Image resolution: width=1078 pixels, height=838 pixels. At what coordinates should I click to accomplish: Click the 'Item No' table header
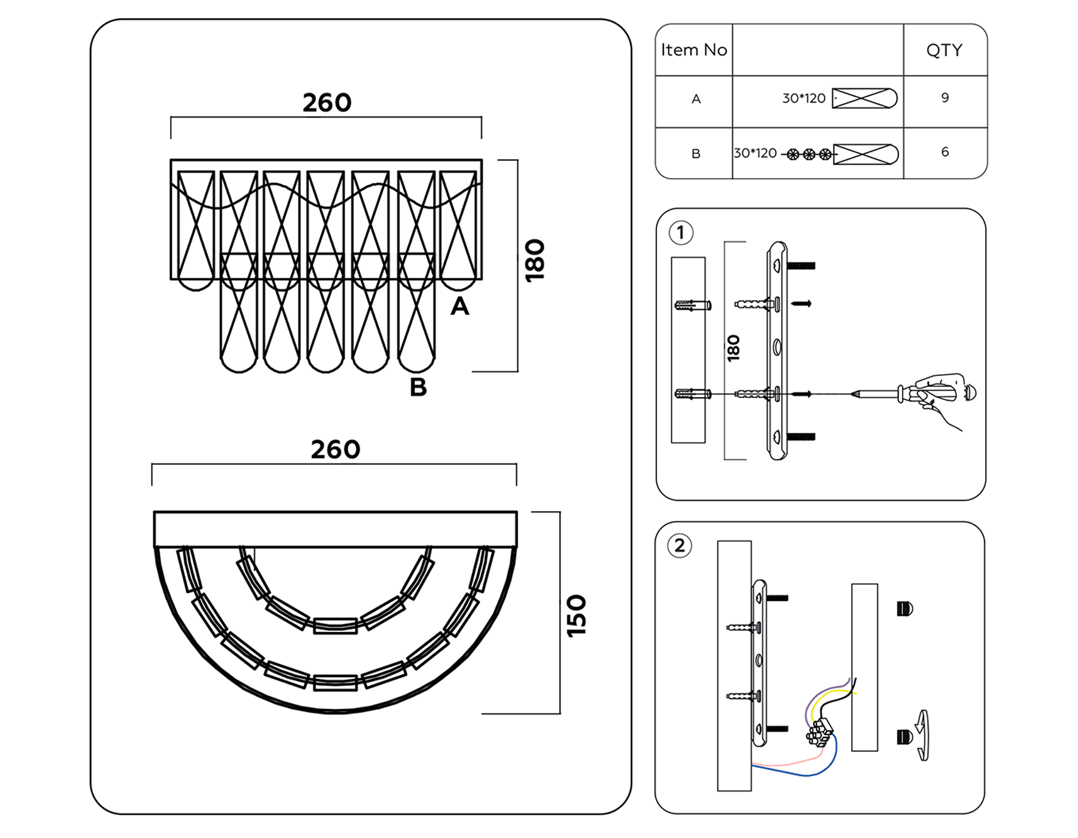tap(694, 50)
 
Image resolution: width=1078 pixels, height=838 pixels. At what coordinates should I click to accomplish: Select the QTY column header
tap(944, 50)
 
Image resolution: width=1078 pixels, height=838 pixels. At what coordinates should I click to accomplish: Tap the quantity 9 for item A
tap(945, 98)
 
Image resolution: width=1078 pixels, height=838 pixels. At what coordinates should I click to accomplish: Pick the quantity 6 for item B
tap(945, 152)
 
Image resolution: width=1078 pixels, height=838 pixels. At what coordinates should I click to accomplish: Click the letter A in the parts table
tap(696, 99)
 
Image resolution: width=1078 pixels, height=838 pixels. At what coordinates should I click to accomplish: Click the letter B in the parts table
tap(696, 154)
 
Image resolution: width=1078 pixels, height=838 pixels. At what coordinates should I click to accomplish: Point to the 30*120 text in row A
tap(804, 98)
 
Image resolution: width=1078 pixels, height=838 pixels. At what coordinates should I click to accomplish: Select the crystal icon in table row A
tap(865, 98)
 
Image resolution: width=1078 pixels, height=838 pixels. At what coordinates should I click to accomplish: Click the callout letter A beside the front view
tap(459, 306)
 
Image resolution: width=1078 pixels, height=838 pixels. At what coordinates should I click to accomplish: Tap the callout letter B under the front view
tap(418, 387)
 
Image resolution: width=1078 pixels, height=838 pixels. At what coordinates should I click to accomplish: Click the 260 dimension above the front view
tap(326, 103)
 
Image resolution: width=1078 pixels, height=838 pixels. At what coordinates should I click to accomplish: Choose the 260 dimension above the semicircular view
tap(335, 450)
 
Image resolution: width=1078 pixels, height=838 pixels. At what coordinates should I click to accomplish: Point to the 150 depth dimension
tap(576, 615)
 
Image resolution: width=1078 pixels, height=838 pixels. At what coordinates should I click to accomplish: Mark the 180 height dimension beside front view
tap(535, 260)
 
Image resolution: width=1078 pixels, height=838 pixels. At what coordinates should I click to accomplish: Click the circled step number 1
tap(681, 233)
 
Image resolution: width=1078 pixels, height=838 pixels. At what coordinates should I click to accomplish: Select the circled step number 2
tap(680, 546)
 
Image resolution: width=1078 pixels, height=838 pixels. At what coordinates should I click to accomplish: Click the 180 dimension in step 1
tap(734, 348)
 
